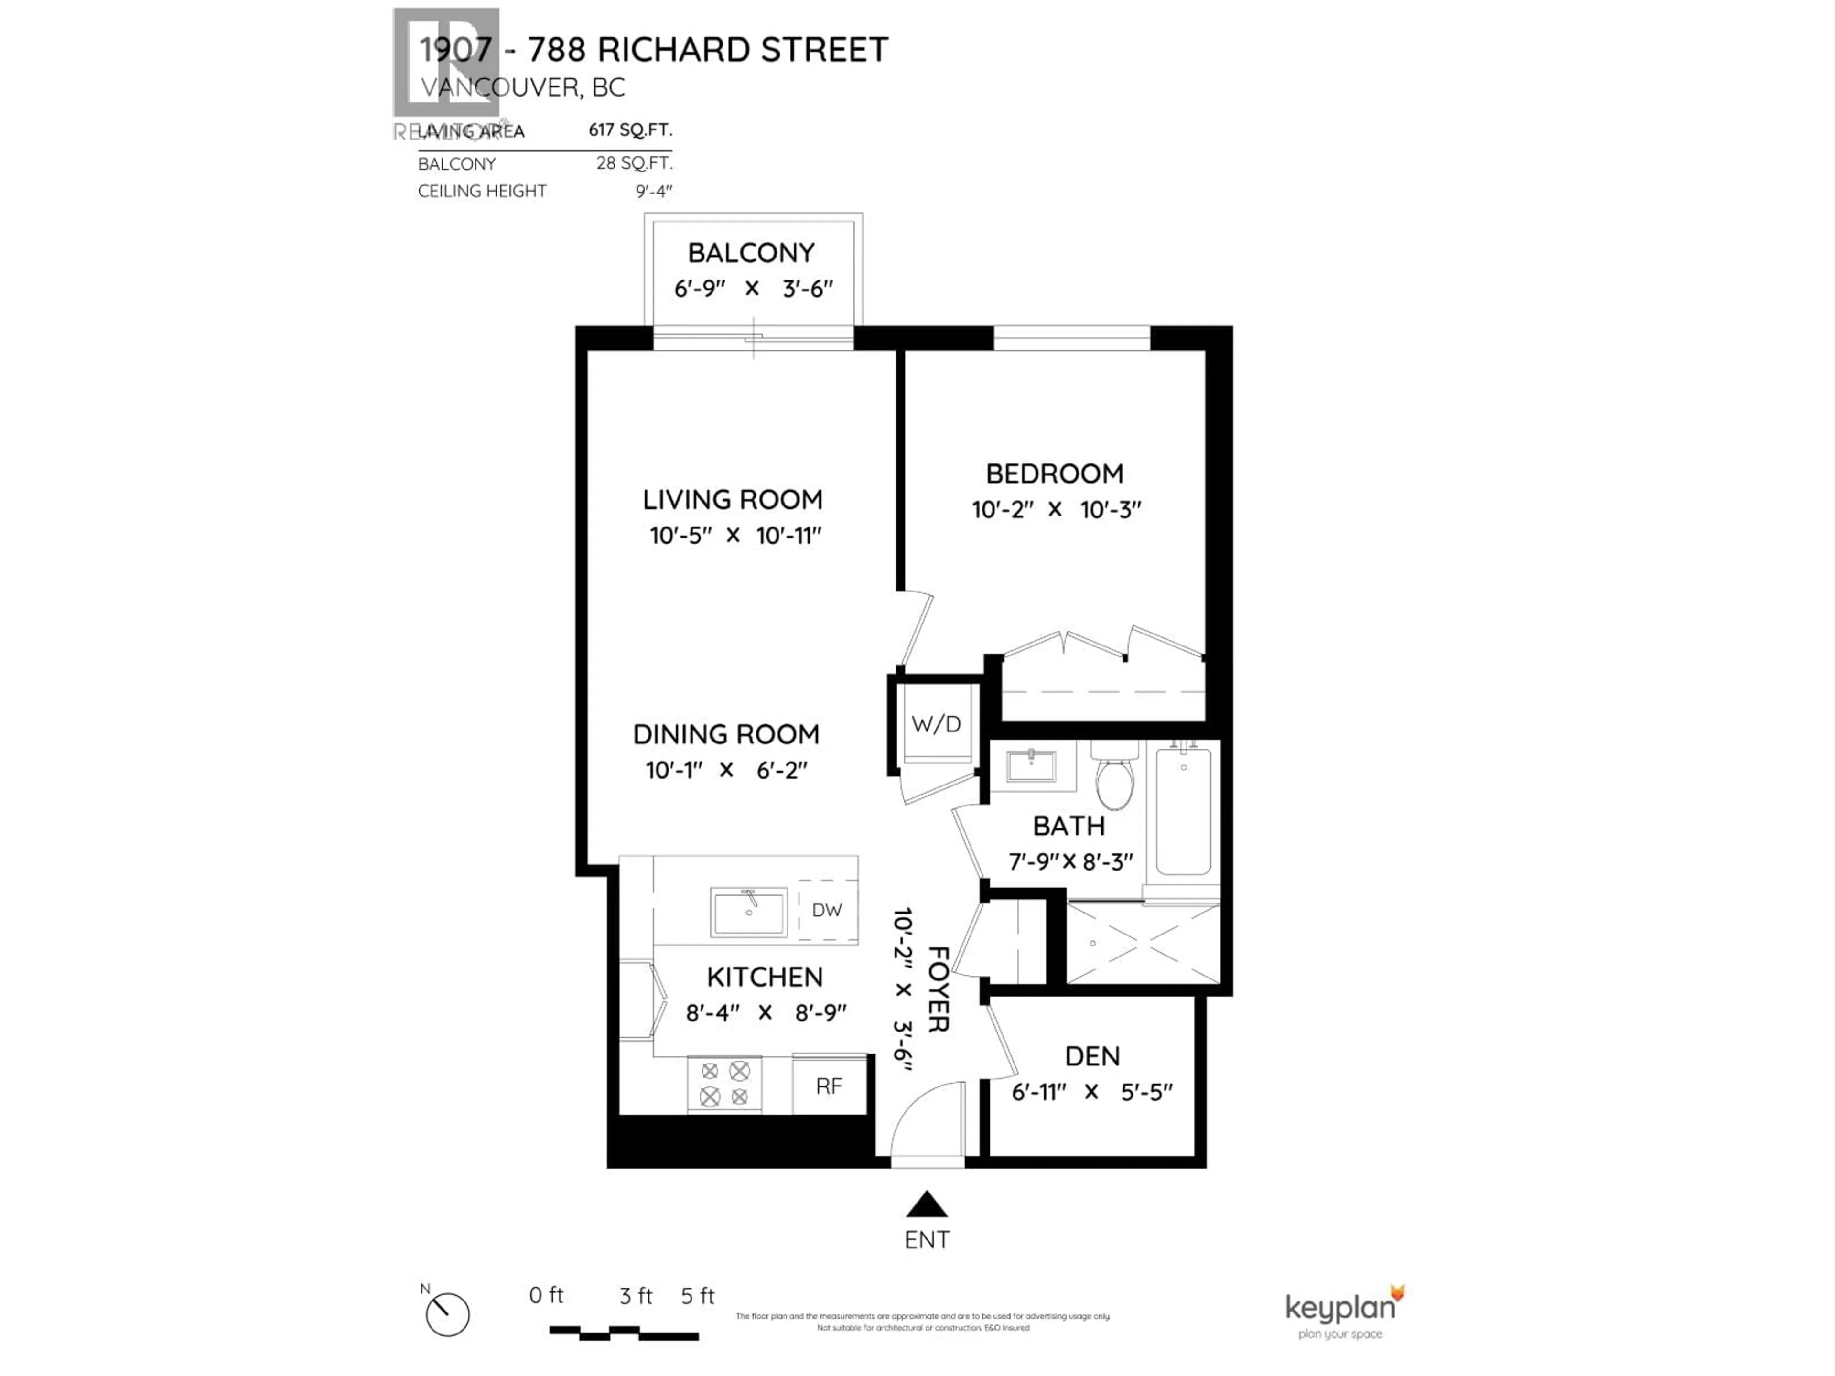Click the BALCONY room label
tap(751, 252)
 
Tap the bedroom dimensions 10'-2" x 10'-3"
tap(1056, 509)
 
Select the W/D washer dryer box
tap(936, 724)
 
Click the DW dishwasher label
tap(826, 910)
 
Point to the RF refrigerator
tap(829, 1086)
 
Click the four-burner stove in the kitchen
tap(724, 1084)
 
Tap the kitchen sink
tap(748, 912)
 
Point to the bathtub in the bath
tap(1183, 810)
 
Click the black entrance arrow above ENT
tap(927, 1204)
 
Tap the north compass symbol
tap(447, 1315)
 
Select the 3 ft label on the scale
tap(636, 1296)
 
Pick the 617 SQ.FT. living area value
tap(630, 130)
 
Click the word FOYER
tap(938, 989)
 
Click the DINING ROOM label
tap(726, 734)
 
